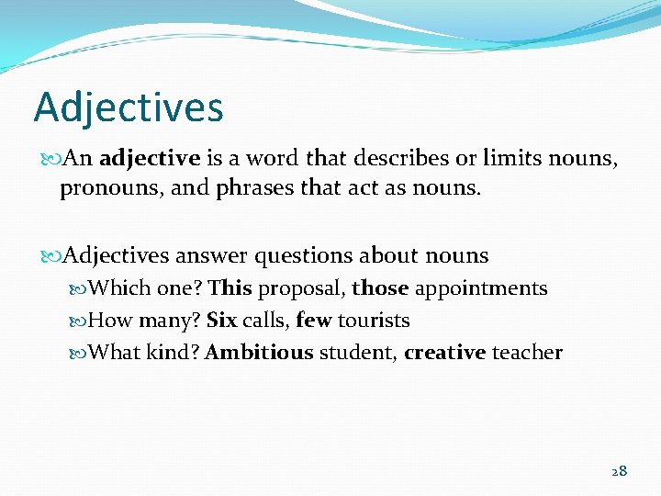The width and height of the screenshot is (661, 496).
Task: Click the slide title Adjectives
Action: tap(129, 107)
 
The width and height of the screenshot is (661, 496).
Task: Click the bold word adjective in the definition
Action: tap(150, 158)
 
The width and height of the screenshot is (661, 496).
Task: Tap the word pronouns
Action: tap(101, 190)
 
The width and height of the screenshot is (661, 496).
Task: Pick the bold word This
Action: tap(230, 288)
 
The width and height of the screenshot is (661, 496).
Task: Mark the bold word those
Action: tap(380, 288)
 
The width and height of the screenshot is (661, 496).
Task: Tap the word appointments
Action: tap(481, 289)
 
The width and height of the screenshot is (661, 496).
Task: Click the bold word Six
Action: tap(221, 321)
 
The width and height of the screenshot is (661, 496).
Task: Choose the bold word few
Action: tap(314, 321)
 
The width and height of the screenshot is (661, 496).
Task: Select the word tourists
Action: tap(374, 321)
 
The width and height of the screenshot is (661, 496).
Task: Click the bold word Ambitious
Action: tap(259, 353)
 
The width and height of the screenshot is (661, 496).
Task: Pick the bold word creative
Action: tap(444, 353)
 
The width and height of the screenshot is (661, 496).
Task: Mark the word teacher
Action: tap(527, 353)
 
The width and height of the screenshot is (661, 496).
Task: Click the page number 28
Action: tap(619, 471)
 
